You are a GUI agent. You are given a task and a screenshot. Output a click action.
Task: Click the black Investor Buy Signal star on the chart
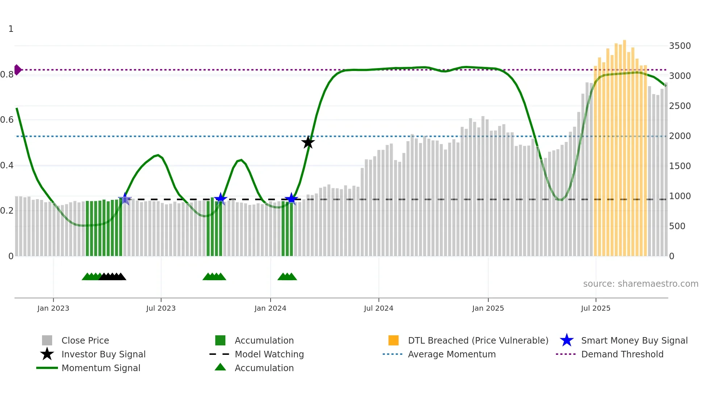click(x=308, y=142)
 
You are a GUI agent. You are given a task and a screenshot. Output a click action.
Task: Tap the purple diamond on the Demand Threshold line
click(x=17, y=70)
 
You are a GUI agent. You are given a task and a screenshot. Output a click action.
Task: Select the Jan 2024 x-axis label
click(x=270, y=308)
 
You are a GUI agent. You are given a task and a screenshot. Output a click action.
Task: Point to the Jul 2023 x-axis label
click(x=161, y=308)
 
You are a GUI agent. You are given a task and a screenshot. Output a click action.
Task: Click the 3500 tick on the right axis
click(x=680, y=46)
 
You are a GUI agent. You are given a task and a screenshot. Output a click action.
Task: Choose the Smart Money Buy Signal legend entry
click(x=634, y=341)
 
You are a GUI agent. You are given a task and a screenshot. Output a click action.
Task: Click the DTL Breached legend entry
click(x=478, y=341)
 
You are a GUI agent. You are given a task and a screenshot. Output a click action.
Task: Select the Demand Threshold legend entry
click(x=622, y=354)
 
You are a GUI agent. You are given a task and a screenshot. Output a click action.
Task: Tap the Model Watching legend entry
click(x=269, y=354)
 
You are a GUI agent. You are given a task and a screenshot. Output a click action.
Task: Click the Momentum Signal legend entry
click(x=101, y=368)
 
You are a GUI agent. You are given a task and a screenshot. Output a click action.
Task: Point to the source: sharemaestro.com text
click(x=640, y=284)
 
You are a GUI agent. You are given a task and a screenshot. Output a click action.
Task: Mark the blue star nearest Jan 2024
click(x=291, y=199)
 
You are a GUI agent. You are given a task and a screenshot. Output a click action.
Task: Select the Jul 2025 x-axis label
click(x=596, y=308)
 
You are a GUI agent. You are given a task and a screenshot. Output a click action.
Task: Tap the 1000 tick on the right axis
click(x=680, y=196)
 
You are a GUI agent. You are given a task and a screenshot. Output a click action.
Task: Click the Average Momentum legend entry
click(x=451, y=354)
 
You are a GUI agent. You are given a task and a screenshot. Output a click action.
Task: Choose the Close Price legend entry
click(x=85, y=341)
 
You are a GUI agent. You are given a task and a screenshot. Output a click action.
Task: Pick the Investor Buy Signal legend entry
click(x=103, y=354)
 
